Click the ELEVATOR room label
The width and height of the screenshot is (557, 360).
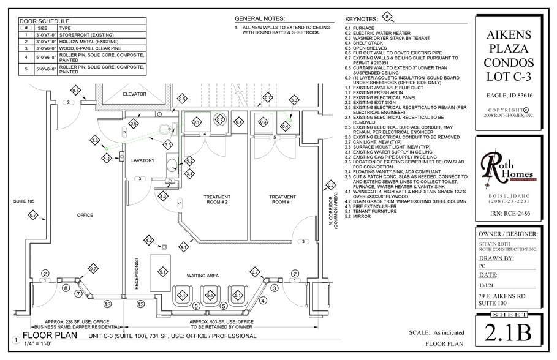(x=134, y=94)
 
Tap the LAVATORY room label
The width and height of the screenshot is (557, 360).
(x=143, y=160)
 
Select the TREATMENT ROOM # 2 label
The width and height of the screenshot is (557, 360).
(x=216, y=200)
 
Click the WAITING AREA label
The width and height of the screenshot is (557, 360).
(x=203, y=276)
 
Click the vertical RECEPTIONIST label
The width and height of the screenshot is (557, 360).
(x=137, y=272)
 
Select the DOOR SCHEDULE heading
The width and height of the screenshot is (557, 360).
(x=44, y=21)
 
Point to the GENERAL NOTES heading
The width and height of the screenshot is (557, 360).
(x=260, y=18)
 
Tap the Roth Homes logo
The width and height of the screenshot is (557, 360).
(x=505, y=169)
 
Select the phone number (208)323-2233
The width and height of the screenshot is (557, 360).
(x=506, y=201)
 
